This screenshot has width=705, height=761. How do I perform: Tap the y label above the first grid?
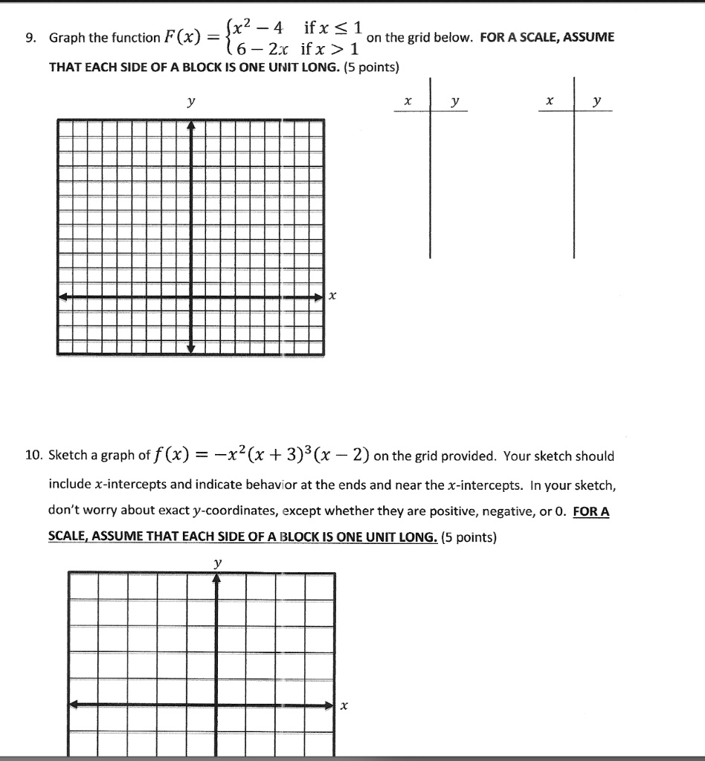[x=191, y=103]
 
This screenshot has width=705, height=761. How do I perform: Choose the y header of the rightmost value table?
[x=596, y=100]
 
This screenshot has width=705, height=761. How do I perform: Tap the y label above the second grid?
[x=216, y=564]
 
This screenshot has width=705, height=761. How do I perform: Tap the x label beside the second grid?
[x=344, y=707]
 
